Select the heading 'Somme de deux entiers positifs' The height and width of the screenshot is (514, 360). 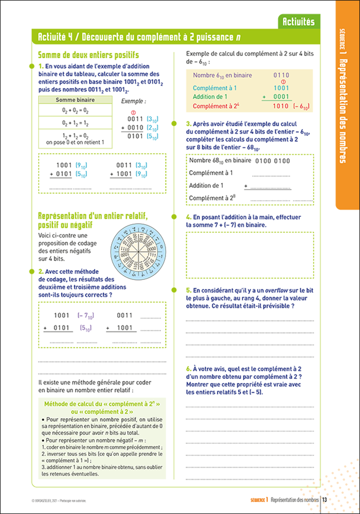pos(89,55)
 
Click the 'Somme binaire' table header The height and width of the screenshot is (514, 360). pos(75,100)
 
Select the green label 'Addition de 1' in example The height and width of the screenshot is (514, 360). pos(210,97)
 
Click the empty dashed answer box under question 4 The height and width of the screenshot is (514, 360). pos(249,254)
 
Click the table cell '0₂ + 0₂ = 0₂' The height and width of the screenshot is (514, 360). pos(75,111)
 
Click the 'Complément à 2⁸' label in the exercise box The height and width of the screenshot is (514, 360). pos(208,197)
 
